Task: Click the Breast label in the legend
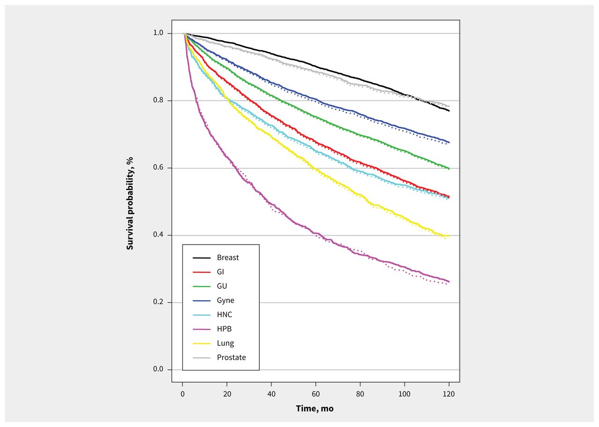(227, 258)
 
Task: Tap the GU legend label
(222, 286)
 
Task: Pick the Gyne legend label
(226, 300)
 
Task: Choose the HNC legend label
(224, 315)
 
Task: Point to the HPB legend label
(224, 329)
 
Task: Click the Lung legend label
(225, 343)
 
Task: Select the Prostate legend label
(231, 358)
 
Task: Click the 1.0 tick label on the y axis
(159, 33)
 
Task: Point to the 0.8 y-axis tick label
(159, 101)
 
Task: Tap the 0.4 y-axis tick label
(159, 235)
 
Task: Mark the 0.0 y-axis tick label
(159, 370)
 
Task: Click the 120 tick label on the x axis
(449, 393)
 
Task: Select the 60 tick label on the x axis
(316, 393)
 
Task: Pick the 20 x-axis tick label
(227, 393)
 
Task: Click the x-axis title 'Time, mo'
(314, 408)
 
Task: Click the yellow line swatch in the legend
(201, 343)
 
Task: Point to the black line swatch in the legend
(201, 258)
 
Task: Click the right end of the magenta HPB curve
(449, 282)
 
